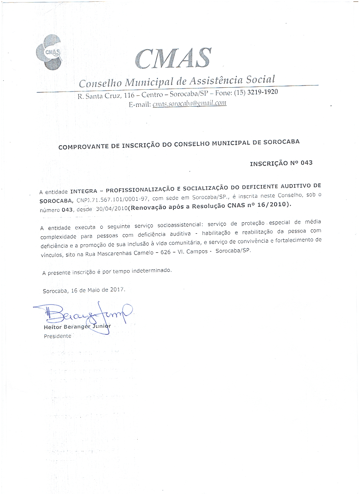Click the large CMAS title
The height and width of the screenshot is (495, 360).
click(173, 58)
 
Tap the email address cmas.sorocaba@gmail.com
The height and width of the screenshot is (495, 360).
click(189, 103)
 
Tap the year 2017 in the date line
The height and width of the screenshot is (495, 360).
click(116, 290)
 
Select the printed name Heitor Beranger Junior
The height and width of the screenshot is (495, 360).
click(77, 327)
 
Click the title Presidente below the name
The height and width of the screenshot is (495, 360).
click(58, 336)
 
